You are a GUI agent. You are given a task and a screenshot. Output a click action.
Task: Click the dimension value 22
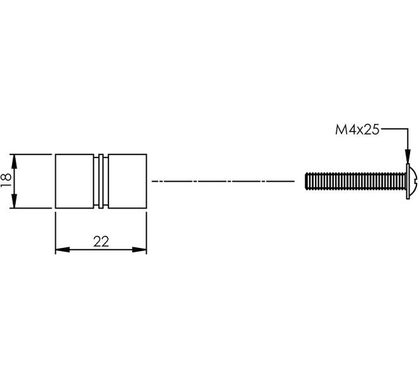101,242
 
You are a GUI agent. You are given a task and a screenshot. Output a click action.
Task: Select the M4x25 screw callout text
357,130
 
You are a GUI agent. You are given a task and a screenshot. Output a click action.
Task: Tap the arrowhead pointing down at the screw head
408,156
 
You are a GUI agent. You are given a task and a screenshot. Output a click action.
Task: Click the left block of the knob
74,181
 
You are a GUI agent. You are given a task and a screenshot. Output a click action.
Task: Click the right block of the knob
128,181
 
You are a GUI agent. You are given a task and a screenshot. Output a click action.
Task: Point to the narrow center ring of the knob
101,181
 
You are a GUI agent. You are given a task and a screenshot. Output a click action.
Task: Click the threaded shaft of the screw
356,181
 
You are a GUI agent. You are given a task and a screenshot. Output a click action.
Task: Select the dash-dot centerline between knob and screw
223,181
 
